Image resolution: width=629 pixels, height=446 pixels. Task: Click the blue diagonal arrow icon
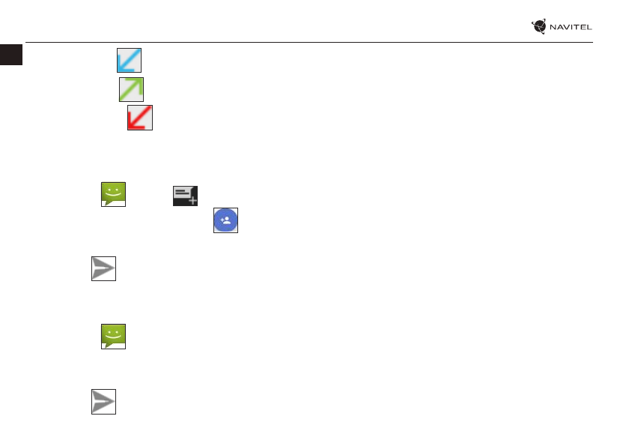pyautogui.click(x=129, y=61)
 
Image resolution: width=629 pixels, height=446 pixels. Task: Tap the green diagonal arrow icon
pyautogui.click(x=131, y=89)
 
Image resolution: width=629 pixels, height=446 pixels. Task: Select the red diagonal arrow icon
pyautogui.click(x=140, y=118)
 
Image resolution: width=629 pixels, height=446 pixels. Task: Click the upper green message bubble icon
pyautogui.click(x=113, y=193)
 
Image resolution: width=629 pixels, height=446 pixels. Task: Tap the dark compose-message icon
pyautogui.click(x=186, y=195)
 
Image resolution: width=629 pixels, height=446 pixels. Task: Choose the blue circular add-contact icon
pyautogui.click(x=226, y=220)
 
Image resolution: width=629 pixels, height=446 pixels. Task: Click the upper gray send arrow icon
pyautogui.click(x=104, y=268)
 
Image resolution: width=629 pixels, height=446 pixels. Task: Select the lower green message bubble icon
pyautogui.click(x=113, y=336)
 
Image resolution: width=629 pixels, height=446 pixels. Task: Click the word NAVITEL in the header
pyautogui.click(x=571, y=28)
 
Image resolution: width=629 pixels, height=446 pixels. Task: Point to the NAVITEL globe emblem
pyautogui.click(x=539, y=27)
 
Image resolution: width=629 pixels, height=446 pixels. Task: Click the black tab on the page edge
pyautogui.click(x=11, y=54)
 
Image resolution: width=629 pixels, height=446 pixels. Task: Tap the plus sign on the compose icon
pyautogui.click(x=192, y=200)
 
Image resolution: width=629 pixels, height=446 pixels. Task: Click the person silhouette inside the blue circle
pyautogui.click(x=228, y=220)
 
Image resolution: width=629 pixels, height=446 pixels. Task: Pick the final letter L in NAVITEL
pyautogui.click(x=589, y=28)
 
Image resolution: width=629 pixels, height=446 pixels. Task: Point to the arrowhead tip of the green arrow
pyautogui.click(x=139, y=81)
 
